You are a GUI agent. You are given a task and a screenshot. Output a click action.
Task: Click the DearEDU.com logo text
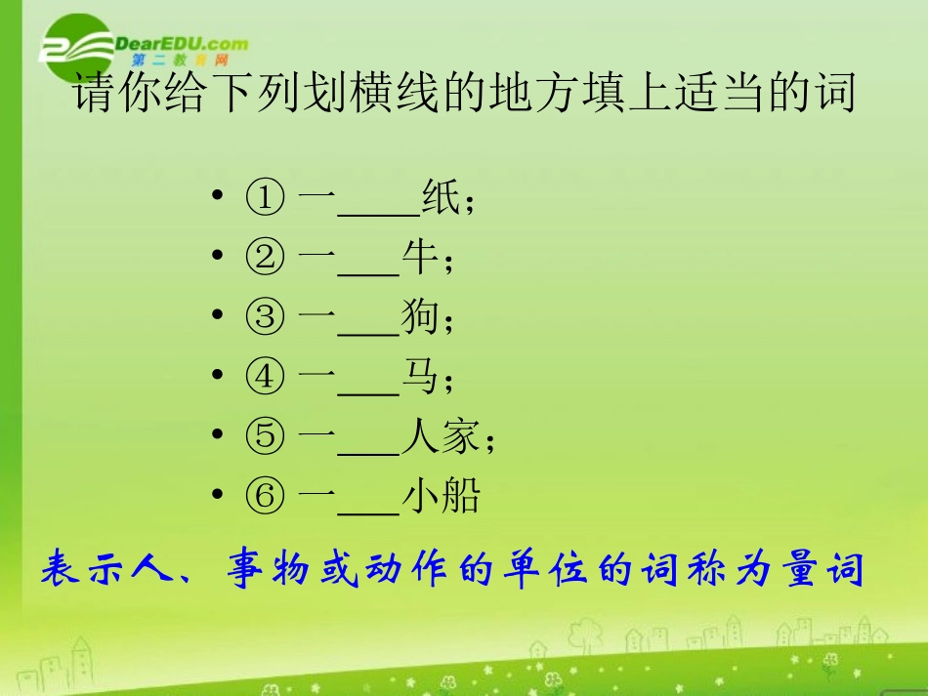pos(182,43)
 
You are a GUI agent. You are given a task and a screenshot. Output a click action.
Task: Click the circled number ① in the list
pos(265,199)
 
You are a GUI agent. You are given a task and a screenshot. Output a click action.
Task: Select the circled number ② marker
pos(265,259)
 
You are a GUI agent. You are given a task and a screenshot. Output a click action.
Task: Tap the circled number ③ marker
pos(265,318)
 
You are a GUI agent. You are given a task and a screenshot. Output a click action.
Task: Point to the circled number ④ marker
pos(265,378)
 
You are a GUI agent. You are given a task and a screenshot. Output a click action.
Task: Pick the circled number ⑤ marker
pos(265,437)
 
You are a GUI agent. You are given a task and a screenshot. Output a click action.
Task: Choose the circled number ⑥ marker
pos(265,497)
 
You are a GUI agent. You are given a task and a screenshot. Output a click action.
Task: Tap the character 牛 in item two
pos(420,259)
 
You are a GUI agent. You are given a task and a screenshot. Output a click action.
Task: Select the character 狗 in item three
pos(420,318)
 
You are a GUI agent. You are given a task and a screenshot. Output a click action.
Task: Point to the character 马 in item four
pos(420,378)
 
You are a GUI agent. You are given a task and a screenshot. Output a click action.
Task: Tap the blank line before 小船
pos(368,512)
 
